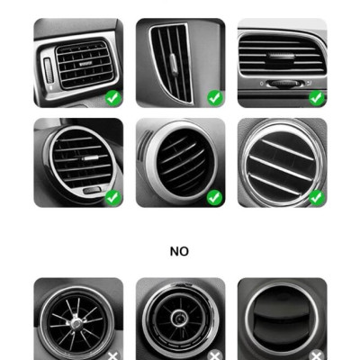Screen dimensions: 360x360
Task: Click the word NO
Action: (x=179, y=252)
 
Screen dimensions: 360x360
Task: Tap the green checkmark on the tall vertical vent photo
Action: (x=214, y=97)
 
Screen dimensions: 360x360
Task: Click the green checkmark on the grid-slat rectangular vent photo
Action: (x=112, y=97)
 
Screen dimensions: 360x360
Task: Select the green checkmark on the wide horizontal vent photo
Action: (x=316, y=97)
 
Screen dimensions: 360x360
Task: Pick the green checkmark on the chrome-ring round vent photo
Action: (x=316, y=196)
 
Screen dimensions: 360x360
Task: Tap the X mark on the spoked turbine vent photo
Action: (x=112, y=355)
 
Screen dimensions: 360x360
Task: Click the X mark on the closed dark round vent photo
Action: (x=316, y=355)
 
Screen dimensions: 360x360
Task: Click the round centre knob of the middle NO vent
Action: (x=180, y=319)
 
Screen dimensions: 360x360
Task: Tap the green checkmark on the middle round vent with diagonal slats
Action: (x=214, y=196)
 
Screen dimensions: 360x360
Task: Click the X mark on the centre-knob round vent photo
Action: (x=214, y=355)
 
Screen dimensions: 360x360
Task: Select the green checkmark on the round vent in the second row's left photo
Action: (x=112, y=196)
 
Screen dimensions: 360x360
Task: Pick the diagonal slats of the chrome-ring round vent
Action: (x=281, y=162)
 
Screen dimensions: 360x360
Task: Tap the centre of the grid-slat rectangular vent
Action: (x=83, y=63)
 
